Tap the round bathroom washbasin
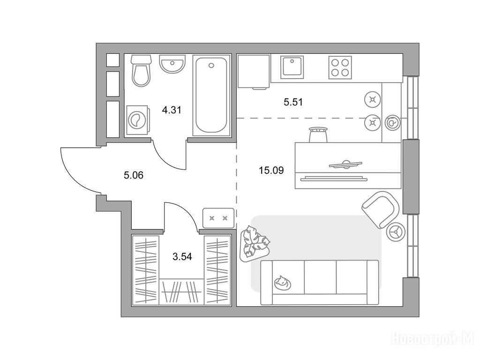172,64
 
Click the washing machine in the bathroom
137,120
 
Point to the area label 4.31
172,110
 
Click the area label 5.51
293,102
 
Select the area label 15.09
271,170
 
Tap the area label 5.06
134,175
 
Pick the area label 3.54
182,256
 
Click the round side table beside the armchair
396,232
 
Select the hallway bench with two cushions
218,218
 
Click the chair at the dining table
318,134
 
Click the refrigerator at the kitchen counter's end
254,72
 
